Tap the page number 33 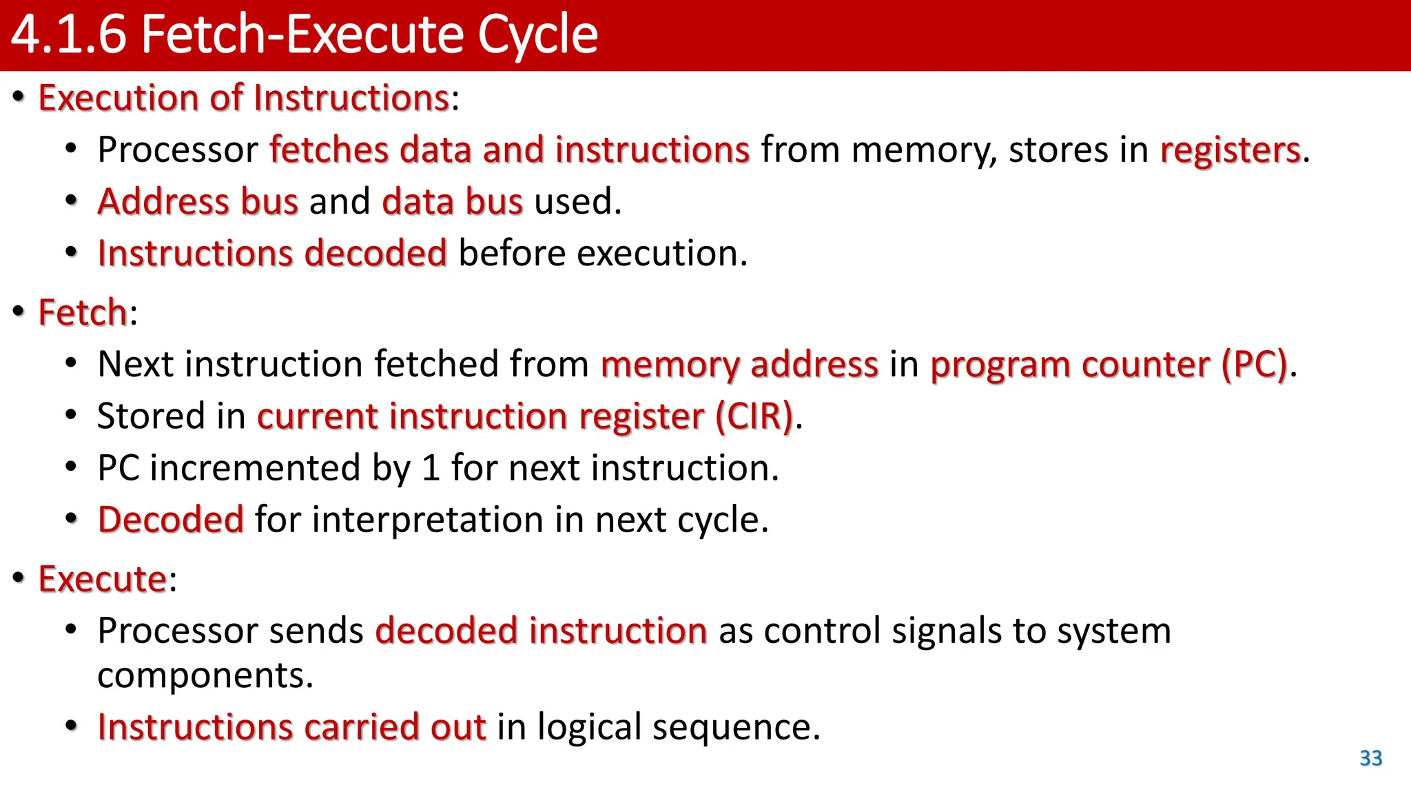point(1370,758)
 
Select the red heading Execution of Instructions point(244,98)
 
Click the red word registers point(1230,150)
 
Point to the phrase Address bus point(198,202)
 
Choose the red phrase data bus point(452,202)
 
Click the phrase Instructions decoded point(272,254)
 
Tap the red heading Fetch point(83,313)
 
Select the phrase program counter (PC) point(1109,365)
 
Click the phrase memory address point(739,365)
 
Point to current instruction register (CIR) point(524,417)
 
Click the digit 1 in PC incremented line point(431,469)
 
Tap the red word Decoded point(171,520)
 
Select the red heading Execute point(103,579)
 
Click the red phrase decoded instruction point(541,631)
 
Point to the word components point(205,675)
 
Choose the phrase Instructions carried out point(291,728)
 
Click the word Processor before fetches point(178,150)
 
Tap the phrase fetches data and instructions point(509,150)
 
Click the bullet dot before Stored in point(71,416)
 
